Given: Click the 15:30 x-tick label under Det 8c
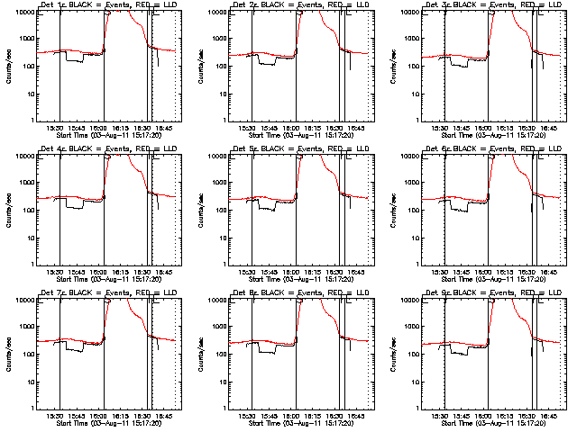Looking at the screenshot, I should [247, 416].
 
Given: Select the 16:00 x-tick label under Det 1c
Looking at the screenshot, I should [97, 128].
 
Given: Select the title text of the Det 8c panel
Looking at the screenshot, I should [301, 293].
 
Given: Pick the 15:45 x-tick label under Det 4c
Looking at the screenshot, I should [76, 272].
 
